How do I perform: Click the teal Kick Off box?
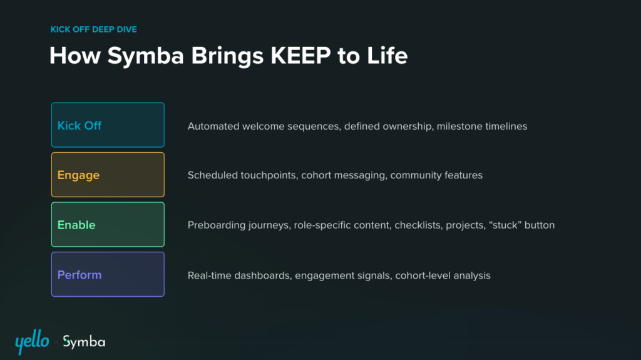coord(108,125)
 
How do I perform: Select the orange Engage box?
coord(108,175)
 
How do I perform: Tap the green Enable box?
coord(108,225)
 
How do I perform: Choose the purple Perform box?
coord(108,274)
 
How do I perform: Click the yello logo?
coord(32,341)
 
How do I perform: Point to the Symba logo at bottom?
coord(84,342)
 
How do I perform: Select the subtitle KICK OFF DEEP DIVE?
coord(93,29)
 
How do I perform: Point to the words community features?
coord(436,175)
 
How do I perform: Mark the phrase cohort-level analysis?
coord(443,275)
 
